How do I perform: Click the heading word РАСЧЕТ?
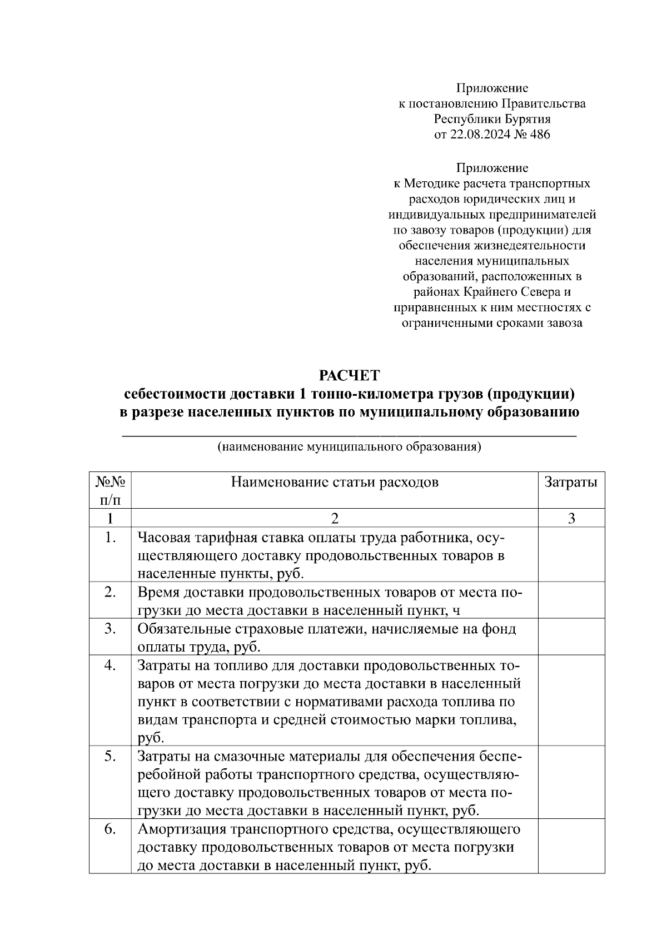click(x=349, y=376)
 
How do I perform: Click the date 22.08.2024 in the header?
click(x=477, y=134)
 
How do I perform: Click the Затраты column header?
click(x=571, y=482)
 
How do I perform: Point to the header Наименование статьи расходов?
click(x=335, y=482)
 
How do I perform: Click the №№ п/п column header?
click(x=110, y=490)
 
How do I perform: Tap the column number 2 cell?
click(x=335, y=518)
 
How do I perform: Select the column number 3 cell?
click(x=571, y=518)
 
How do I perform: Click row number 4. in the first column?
click(x=110, y=665)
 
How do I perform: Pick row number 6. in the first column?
click(x=110, y=829)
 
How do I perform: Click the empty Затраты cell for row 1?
click(x=571, y=554)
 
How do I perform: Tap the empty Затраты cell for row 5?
click(x=571, y=782)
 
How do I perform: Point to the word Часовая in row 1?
click(x=162, y=538)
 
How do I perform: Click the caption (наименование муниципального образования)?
click(x=349, y=446)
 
